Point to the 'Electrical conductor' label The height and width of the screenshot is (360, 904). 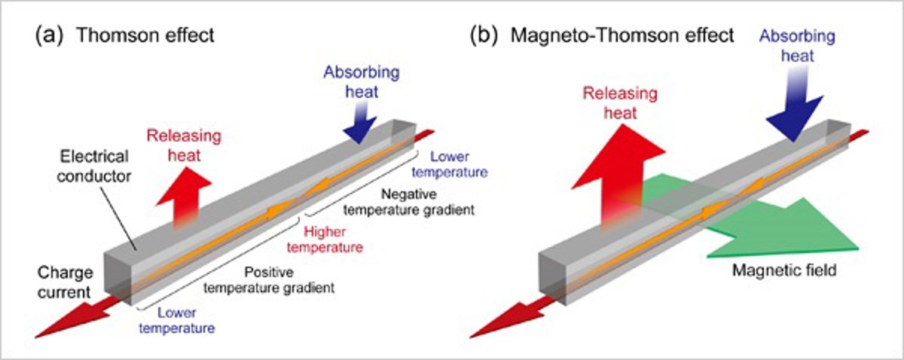(x=95, y=167)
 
